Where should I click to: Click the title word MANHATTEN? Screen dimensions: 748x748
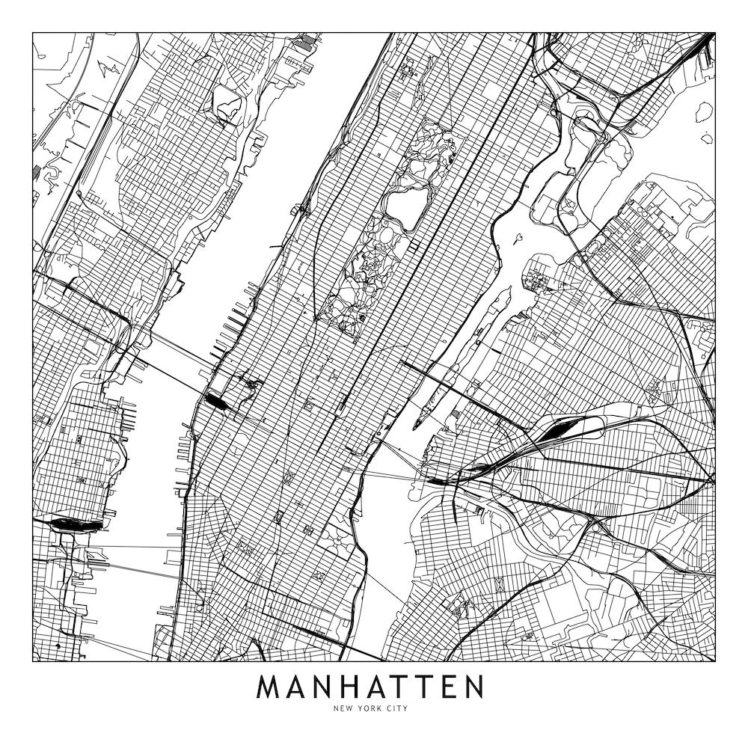click(370, 687)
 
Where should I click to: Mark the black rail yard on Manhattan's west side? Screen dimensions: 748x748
click(218, 403)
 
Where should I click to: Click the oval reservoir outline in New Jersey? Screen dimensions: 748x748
click(227, 102)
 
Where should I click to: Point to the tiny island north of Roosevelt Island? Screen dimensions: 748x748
click(517, 239)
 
